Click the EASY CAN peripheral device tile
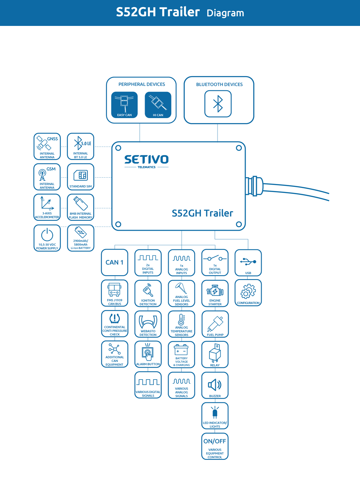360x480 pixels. coord(124,105)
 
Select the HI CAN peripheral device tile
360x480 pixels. coord(158,105)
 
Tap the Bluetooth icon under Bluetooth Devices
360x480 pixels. coord(218,104)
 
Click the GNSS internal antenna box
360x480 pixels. coord(47,147)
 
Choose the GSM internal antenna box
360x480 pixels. coord(47,177)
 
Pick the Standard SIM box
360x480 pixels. coord(81,177)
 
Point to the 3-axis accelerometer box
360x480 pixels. coord(47,207)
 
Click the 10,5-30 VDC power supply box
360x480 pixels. coord(47,238)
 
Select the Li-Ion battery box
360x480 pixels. coord(81,238)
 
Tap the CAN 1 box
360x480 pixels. coord(115,262)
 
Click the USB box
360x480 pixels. coord(248,263)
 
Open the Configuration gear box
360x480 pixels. coord(248,293)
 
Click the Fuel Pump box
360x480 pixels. coord(215,324)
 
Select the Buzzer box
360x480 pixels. coord(215,385)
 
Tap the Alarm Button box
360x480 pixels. coord(148,354)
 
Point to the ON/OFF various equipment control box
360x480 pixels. coord(215,446)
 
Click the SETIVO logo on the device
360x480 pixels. coord(147,160)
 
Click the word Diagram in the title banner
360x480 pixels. coord(225,13)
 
